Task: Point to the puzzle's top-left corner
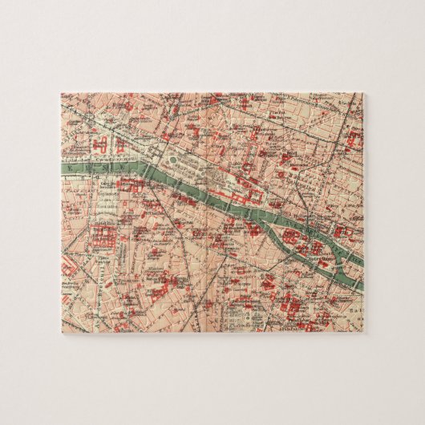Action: tap(61, 94)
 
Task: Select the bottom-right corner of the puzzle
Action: tap(362, 331)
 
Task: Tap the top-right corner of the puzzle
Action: tap(362, 94)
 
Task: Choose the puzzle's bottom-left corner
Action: tap(61, 331)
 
